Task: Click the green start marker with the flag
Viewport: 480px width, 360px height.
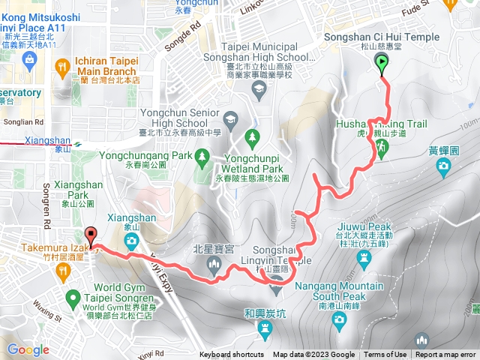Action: click(x=382, y=65)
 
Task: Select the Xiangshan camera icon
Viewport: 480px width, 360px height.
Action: click(x=132, y=241)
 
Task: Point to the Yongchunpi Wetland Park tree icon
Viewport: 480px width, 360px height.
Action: click(x=251, y=136)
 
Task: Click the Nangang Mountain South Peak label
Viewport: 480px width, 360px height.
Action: click(x=340, y=291)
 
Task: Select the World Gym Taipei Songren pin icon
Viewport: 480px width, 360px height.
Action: click(x=73, y=298)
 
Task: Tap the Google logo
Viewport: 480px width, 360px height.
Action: click(x=28, y=349)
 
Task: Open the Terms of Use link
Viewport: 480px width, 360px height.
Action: click(x=385, y=355)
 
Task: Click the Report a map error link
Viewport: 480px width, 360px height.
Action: click(x=445, y=355)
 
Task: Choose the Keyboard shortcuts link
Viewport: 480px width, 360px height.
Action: click(x=232, y=355)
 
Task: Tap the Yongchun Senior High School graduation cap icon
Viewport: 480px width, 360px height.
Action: click(x=230, y=118)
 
